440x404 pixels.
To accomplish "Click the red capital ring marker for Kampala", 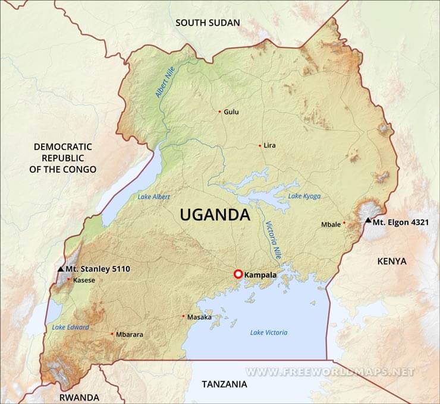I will (x=238, y=274).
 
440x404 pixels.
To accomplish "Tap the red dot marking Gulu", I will (x=219, y=112).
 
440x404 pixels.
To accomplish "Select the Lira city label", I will (x=269, y=145).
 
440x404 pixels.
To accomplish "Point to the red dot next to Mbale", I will (x=344, y=224).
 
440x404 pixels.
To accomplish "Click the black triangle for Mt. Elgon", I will (x=368, y=221).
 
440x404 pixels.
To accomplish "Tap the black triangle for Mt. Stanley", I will (x=61, y=269).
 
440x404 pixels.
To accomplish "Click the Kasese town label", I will (x=83, y=280).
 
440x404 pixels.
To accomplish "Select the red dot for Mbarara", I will (x=112, y=334).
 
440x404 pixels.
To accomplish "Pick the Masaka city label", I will (x=199, y=317).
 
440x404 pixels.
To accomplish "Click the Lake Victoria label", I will (x=269, y=333).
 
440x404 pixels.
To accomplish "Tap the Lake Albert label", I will (x=153, y=197).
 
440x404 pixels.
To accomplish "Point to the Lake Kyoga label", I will (x=303, y=196).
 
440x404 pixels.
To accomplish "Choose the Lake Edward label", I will (x=70, y=327).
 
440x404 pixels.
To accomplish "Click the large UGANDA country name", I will (x=215, y=215).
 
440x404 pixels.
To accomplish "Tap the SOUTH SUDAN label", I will (x=208, y=23).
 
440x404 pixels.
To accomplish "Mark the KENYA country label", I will (x=392, y=261).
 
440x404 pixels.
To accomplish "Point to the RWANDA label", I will (x=79, y=397).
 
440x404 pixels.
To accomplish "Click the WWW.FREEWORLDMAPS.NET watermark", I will (x=330, y=372).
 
